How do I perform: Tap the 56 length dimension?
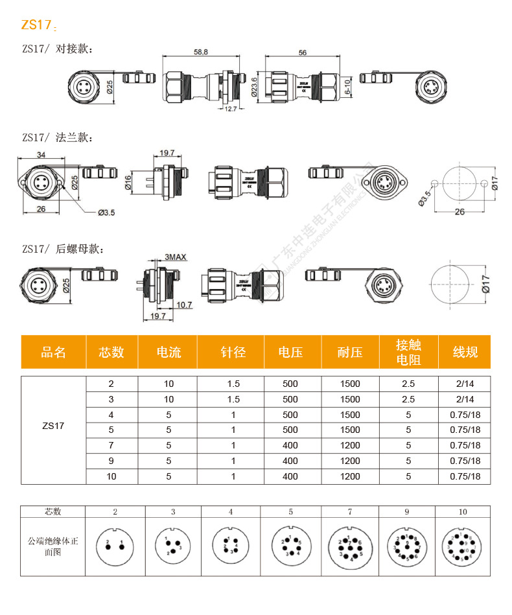pos(303,52)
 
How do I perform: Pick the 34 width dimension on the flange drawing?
pos(41,155)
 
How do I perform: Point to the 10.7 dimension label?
pos(184,305)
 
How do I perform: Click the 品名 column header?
pos(54,352)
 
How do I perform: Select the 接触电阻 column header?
pos(408,352)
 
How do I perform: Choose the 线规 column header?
pos(465,352)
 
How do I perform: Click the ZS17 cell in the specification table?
pos(54,426)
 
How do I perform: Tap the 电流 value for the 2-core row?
pos(169,383)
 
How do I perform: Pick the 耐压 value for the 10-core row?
pos(350,476)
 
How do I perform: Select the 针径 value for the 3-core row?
pos(233,399)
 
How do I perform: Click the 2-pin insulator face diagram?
pos(115,545)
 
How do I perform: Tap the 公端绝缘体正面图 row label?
pos(52,546)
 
